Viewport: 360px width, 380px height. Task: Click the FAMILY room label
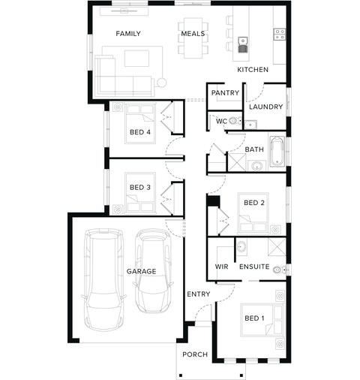tap(128, 34)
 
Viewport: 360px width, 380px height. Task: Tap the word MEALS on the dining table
tap(193, 34)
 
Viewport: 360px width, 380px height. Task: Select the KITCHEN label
tap(253, 70)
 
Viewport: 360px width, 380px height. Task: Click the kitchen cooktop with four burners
tap(280, 35)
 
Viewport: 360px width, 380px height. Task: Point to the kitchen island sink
tap(242, 41)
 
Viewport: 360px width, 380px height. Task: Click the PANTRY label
tap(225, 93)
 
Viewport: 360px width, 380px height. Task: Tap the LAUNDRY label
tap(265, 107)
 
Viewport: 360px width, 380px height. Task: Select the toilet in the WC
tap(235, 121)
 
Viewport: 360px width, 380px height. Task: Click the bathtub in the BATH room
tap(277, 151)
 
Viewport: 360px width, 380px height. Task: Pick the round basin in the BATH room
tap(256, 166)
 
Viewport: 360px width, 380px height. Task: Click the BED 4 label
tap(140, 132)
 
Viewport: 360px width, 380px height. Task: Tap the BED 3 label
tap(140, 187)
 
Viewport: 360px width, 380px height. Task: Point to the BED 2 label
tap(254, 203)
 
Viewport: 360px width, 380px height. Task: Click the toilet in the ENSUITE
tap(279, 270)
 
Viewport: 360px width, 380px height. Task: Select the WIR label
tap(221, 267)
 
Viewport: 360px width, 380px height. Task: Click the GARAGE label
tap(141, 271)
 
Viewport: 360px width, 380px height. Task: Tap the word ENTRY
tap(199, 294)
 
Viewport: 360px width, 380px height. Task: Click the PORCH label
tap(195, 354)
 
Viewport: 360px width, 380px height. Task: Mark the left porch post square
tap(181, 375)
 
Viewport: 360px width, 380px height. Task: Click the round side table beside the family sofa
tap(161, 83)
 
